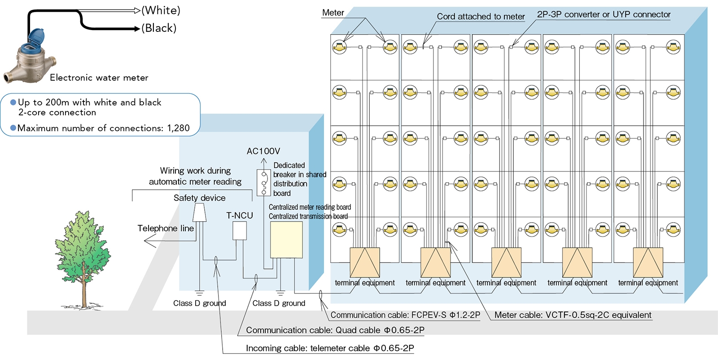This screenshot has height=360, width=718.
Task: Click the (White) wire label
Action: click(161, 10)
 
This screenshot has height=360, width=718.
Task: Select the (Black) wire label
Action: click(159, 28)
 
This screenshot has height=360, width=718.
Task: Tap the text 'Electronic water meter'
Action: click(99, 78)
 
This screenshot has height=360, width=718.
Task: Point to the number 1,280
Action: click(178, 128)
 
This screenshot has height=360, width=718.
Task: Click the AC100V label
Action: click(263, 151)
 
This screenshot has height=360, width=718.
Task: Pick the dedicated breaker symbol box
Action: click(263, 182)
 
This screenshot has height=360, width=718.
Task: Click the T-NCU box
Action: click(239, 231)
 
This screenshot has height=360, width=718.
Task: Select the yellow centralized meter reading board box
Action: click(286, 240)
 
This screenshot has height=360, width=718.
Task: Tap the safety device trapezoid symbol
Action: click(200, 213)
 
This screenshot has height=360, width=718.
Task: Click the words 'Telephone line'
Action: click(166, 228)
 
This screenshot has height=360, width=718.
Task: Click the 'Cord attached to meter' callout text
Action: click(481, 17)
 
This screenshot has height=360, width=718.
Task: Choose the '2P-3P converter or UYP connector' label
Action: click(604, 14)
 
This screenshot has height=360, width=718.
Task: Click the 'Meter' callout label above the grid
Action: click(333, 13)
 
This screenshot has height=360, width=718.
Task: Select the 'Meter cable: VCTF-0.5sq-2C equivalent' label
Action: click(573, 315)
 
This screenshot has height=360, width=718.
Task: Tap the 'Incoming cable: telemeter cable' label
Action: click(330, 348)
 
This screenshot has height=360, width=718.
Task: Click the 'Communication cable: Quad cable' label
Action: click(335, 330)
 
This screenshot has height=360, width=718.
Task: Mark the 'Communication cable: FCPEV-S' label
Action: click(405, 315)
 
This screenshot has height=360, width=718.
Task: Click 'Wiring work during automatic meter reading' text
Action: click(195, 176)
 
